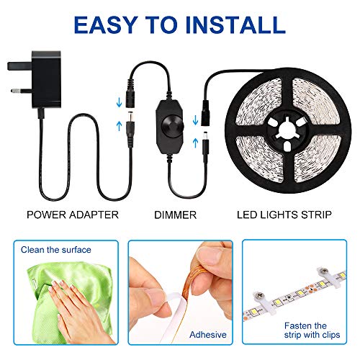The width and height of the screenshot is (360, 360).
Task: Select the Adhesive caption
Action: (208, 335)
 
